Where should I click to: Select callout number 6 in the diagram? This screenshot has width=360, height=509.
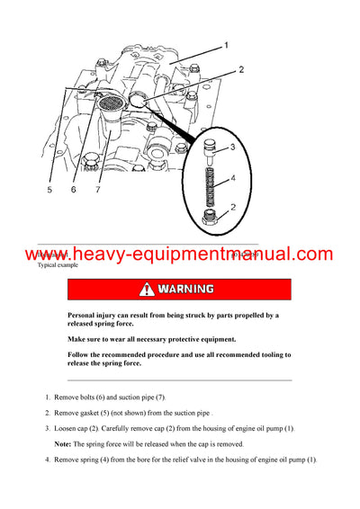point(75,190)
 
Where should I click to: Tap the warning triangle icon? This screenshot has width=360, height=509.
point(146,290)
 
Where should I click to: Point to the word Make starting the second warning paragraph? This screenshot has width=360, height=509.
point(77,339)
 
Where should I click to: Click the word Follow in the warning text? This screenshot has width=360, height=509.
point(81,356)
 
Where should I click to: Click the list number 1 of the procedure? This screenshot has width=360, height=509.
point(47,397)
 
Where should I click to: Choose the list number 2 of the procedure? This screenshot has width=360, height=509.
point(47,413)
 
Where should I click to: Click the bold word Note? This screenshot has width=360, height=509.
point(67,444)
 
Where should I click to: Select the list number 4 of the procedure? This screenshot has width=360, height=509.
point(47,460)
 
